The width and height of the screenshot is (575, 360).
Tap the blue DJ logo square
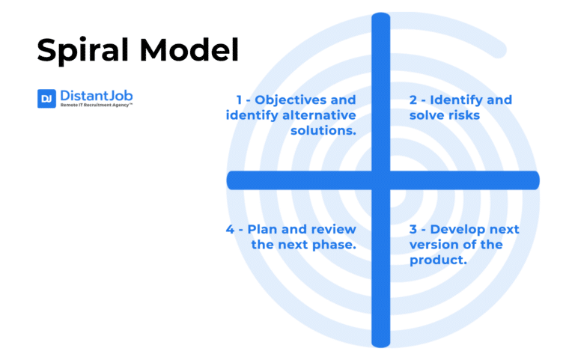tap(46, 99)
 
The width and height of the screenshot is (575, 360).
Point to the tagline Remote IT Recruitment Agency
tap(96, 106)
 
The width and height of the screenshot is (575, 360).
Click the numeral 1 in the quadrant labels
tap(240, 100)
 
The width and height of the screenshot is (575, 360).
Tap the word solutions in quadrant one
tap(323, 131)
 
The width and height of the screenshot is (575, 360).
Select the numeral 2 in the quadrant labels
tap(413, 100)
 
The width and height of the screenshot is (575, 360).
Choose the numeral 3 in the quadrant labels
tap(413, 229)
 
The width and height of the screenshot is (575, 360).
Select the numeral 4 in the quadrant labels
tap(231, 229)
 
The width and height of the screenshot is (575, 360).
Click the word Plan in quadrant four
tap(262, 229)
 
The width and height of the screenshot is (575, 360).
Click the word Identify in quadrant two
tap(459, 100)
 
